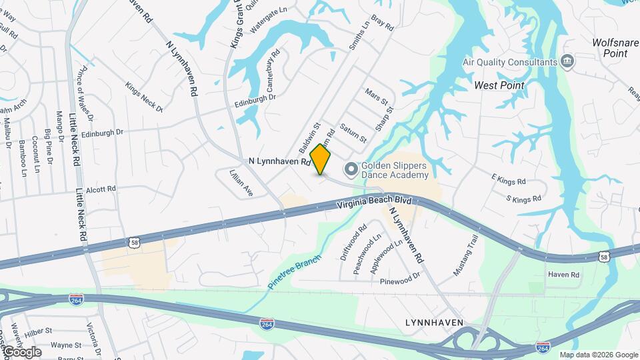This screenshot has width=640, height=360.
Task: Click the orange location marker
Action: pyautogui.click(x=321, y=160)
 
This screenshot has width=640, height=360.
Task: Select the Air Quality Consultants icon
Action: pyautogui.click(x=567, y=62)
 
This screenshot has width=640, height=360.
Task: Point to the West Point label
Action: pyautogui.click(x=499, y=85)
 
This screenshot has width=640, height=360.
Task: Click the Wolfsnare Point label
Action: pyautogui.click(x=615, y=47)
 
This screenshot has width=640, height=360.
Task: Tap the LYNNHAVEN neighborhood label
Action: pyautogui.click(x=434, y=323)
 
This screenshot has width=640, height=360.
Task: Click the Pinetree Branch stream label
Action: pyautogui.click(x=295, y=271)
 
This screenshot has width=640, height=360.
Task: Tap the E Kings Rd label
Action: pyautogui.click(x=509, y=181)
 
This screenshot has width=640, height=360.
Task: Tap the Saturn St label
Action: pyautogui.click(x=353, y=132)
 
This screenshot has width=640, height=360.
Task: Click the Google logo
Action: pyautogui.click(x=21, y=352)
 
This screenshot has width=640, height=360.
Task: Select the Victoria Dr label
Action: pyautogui.click(x=94, y=339)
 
